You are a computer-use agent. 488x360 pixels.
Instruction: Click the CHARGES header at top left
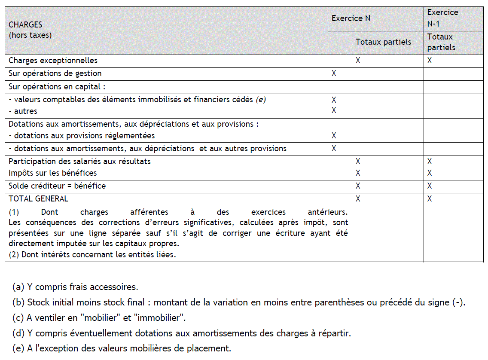click(26, 25)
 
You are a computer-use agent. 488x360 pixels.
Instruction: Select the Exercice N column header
click(351, 18)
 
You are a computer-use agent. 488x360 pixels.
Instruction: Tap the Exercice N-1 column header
click(442, 18)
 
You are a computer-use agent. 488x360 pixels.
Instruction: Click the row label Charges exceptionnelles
click(53, 61)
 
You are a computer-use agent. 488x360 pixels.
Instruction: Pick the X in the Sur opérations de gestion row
click(334, 73)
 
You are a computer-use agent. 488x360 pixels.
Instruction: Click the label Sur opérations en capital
click(57, 86)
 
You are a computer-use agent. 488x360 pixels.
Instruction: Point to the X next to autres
click(334, 111)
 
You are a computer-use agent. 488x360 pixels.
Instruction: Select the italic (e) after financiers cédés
click(261, 100)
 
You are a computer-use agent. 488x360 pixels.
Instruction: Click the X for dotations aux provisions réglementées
click(334, 136)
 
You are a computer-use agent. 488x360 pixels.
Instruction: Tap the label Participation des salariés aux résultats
click(79, 162)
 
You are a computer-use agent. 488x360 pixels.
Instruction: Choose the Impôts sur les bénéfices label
click(52, 173)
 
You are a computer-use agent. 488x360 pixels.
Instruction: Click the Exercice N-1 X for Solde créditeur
click(430, 186)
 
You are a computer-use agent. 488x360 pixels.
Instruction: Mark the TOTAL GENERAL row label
click(38, 199)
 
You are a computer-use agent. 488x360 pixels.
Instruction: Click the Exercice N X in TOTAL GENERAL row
click(358, 199)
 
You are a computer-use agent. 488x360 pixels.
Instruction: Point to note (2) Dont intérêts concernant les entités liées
click(92, 254)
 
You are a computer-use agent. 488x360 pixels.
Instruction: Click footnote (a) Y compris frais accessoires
click(75, 287)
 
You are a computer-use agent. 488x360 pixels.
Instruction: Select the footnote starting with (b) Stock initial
click(239, 302)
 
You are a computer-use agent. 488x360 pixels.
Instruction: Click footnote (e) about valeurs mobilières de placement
click(122, 348)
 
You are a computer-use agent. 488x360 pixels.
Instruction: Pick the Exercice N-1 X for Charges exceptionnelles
click(430, 61)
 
